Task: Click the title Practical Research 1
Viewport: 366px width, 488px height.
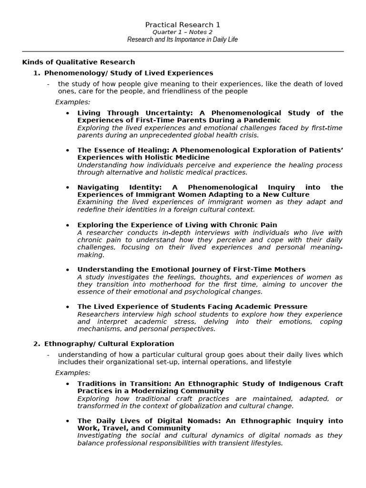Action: click(183, 25)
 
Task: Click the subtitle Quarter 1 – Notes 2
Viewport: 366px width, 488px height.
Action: click(183, 32)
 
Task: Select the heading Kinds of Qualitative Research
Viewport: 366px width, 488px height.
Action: click(79, 62)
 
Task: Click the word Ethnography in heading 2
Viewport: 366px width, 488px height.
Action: click(65, 344)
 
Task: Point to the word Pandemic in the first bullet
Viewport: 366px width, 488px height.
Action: click(264, 120)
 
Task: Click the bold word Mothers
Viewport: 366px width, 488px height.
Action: click(290, 269)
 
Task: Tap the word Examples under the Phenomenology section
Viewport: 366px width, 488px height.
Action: click(72, 102)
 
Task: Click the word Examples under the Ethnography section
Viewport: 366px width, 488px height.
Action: click(72, 373)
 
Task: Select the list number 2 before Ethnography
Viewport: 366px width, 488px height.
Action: click(36, 344)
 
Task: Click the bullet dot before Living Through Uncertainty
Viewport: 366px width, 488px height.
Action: click(68, 113)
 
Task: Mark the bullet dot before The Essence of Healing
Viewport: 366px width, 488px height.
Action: click(68, 151)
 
